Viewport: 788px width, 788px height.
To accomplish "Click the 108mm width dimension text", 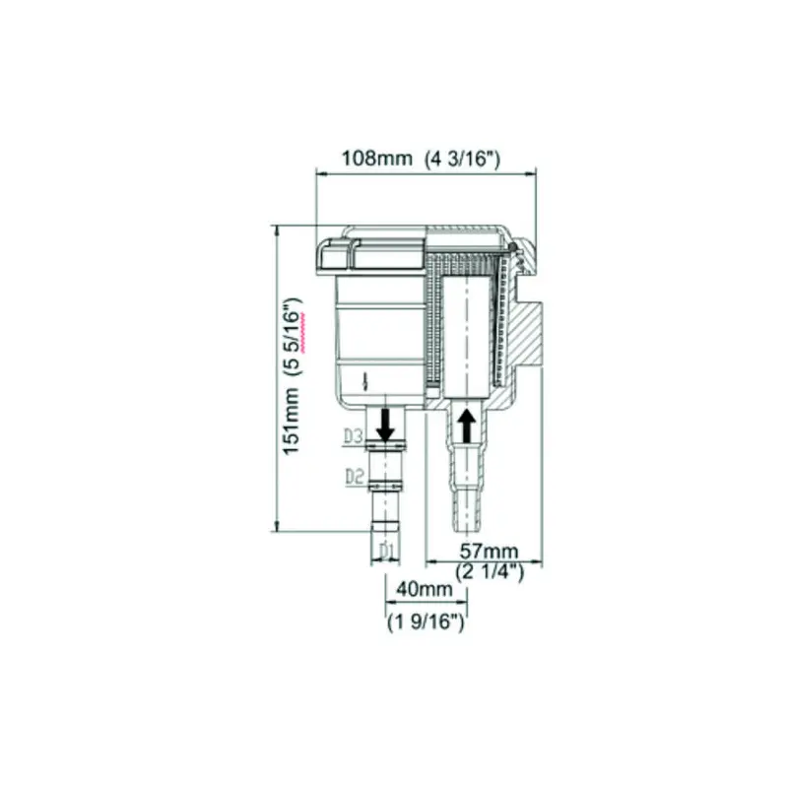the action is [x=377, y=159].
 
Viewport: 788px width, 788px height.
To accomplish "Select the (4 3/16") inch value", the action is [x=463, y=160].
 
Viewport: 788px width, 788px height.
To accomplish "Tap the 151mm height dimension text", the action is [x=292, y=422].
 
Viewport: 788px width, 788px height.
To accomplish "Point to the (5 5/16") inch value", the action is [x=294, y=337].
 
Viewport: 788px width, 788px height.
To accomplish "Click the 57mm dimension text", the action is [x=489, y=552].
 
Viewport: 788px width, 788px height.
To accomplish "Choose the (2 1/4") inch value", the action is [x=490, y=571].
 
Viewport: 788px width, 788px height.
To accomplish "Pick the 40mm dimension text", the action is [x=425, y=589].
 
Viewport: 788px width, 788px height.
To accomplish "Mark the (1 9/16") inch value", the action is [x=426, y=623].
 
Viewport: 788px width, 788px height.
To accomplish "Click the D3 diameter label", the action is [x=354, y=435].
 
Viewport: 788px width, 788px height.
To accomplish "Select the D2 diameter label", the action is [x=355, y=476].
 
